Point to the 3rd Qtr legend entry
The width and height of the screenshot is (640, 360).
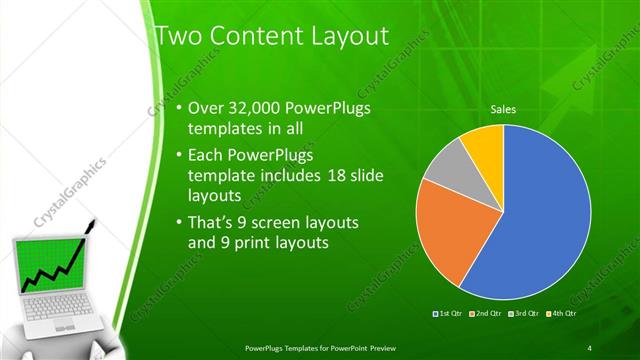click(525, 314)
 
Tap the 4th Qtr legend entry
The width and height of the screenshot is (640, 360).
click(562, 314)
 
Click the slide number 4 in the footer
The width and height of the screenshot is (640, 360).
click(590, 347)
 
